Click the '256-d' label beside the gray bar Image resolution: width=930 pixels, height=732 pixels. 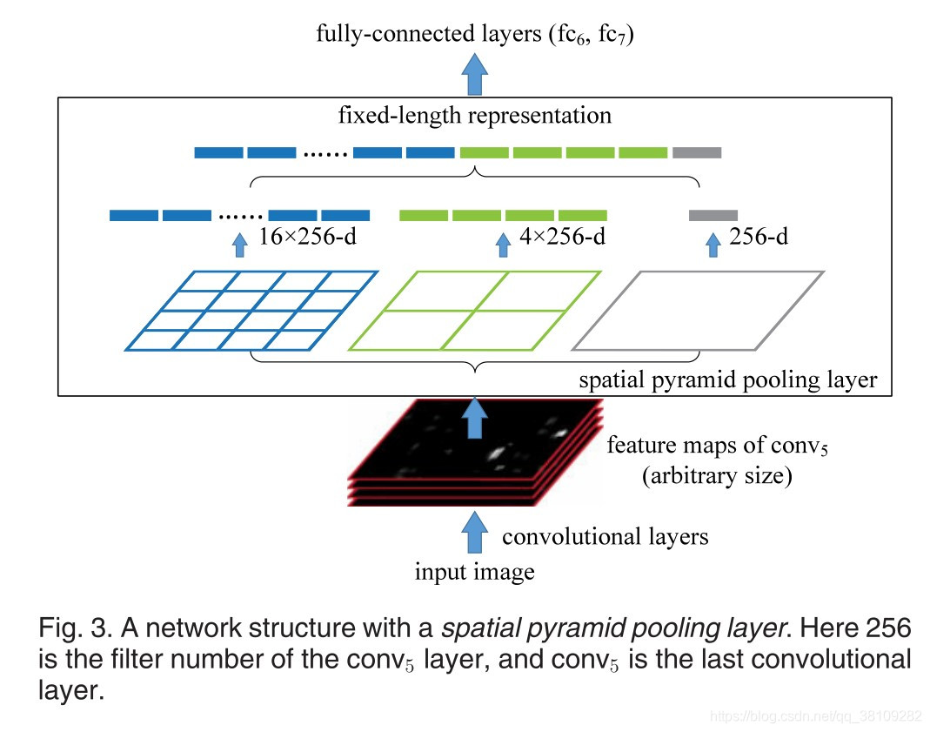(758, 237)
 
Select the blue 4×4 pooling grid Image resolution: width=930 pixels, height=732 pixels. (251, 311)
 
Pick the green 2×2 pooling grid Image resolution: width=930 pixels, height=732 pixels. (475, 311)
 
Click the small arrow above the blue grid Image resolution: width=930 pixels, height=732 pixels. (241, 244)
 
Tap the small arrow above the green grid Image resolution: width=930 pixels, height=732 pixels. (502, 244)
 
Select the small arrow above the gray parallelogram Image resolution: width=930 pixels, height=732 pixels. (713, 244)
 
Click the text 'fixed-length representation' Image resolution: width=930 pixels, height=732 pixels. (476, 116)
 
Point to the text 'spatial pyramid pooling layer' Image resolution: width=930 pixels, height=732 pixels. (728, 380)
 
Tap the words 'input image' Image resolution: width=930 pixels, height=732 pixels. (474, 572)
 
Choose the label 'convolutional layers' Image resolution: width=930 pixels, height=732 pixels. (605, 536)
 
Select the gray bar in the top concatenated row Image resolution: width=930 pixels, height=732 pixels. (697, 153)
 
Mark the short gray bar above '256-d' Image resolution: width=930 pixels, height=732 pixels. (713, 214)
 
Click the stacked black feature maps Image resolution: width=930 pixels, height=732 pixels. (474, 453)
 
